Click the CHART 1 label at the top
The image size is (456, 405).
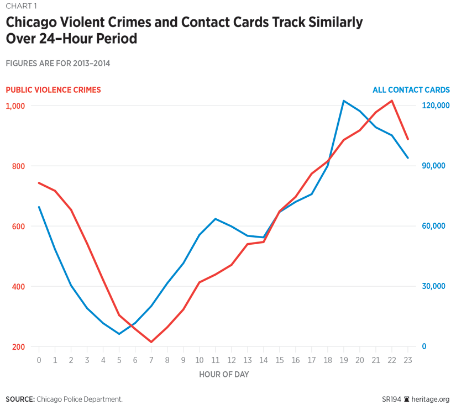coord(21,7)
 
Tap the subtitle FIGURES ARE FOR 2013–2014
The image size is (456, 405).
coord(57,64)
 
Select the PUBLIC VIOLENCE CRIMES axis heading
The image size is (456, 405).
coord(53,90)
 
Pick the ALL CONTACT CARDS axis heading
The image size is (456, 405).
coord(411,90)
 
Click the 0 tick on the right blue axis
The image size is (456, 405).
coord(424,346)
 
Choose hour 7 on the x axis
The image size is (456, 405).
coord(151,360)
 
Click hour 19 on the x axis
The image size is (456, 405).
coord(343,360)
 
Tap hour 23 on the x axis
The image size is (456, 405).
coord(407,360)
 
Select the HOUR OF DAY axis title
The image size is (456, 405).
coord(224,375)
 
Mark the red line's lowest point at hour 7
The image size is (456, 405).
coord(151,342)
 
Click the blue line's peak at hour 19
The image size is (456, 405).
coord(343,101)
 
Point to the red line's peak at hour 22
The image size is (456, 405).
coord(392,101)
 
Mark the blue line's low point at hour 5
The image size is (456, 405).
coord(119,334)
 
